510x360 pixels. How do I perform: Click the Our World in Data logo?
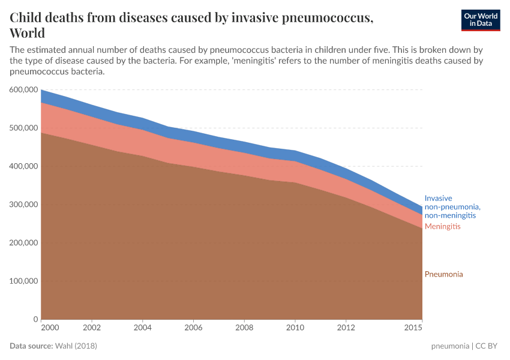480,20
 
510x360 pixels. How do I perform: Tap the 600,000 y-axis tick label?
23,89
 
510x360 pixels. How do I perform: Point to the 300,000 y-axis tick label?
23,205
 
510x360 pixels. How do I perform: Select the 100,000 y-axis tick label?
23,281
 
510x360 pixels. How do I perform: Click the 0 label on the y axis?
36,319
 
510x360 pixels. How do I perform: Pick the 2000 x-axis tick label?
49,328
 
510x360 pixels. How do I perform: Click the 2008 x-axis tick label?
245,328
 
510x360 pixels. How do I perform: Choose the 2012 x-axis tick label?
346,328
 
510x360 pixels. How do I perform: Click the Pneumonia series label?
444,274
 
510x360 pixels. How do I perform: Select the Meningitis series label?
443,226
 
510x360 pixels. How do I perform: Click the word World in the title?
28,33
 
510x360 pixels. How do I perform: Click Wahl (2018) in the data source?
76,346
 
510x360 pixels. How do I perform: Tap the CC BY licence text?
490,346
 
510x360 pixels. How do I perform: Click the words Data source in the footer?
31,346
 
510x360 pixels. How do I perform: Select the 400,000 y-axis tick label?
23,166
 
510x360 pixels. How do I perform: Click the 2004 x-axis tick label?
142,328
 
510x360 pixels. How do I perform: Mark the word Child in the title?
27,18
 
